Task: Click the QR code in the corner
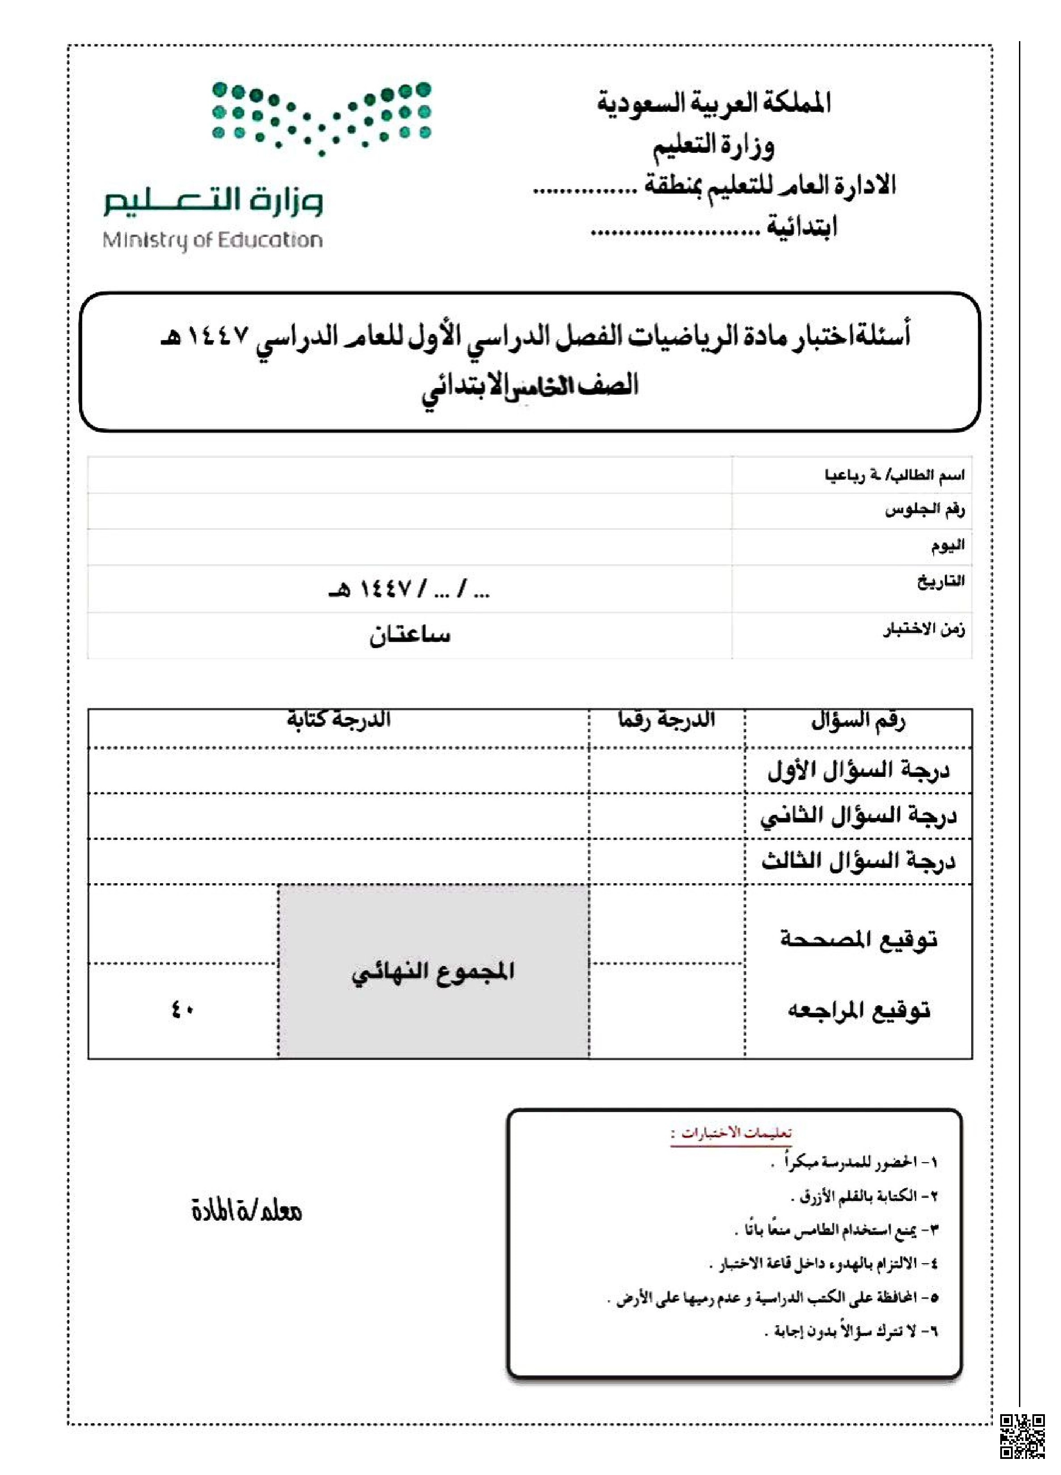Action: (1021, 1436)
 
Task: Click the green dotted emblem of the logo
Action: (321, 118)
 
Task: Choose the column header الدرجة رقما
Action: (666, 720)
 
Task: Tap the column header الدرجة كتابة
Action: (339, 720)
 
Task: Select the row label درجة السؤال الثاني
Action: (858, 816)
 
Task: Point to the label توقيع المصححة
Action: (858, 939)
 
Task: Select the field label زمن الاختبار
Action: (923, 629)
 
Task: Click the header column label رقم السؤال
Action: (858, 720)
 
